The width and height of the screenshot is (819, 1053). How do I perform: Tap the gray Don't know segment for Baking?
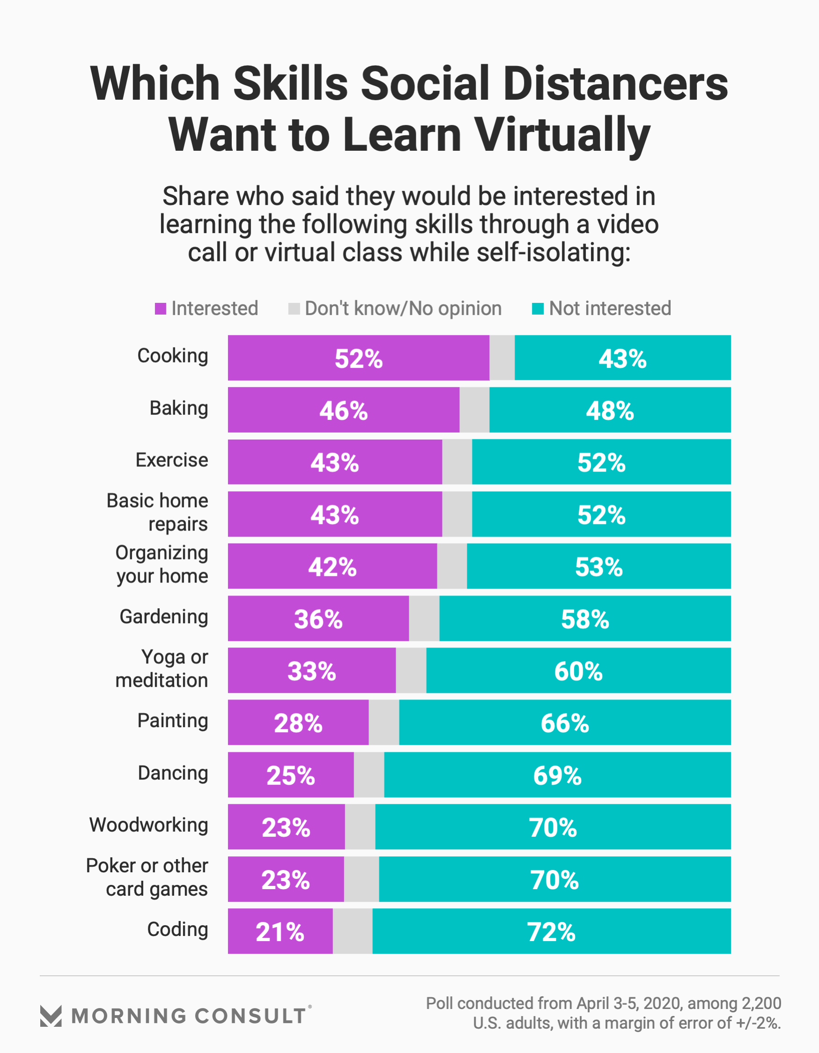[474, 410]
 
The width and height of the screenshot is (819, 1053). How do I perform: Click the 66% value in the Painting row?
[564, 723]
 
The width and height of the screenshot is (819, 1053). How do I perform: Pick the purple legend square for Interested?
[160, 309]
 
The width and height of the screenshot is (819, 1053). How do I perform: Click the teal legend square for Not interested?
[537, 309]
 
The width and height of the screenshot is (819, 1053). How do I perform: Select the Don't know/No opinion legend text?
[403, 309]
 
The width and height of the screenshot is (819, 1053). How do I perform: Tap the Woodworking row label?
[148, 825]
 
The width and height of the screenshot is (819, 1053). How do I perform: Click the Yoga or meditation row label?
[162, 669]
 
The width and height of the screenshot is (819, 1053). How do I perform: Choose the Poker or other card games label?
[147, 877]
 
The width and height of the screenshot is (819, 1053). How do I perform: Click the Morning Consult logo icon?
[51, 1016]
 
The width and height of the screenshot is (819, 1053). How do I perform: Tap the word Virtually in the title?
[562, 135]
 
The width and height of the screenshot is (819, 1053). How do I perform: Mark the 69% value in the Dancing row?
[557, 775]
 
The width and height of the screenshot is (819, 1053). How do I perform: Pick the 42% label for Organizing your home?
[332, 567]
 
